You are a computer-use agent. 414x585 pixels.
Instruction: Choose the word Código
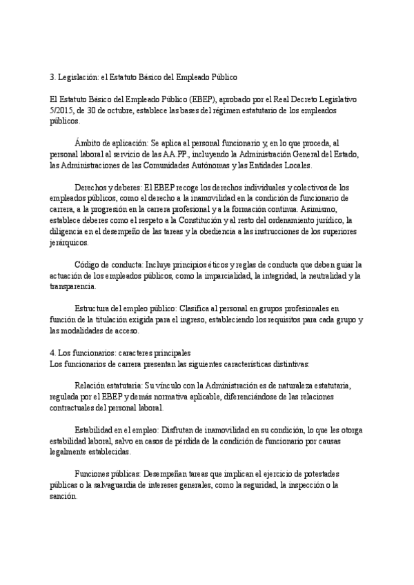click(x=88, y=265)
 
